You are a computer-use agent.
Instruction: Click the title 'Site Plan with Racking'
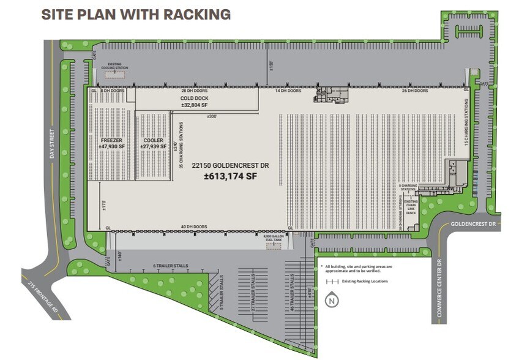click(x=136, y=15)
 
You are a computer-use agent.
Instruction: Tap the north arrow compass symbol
click(x=331, y=300)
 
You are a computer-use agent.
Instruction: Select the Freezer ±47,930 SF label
click(x=112, y=144)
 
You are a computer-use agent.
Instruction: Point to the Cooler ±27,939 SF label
click(x=153, y=144)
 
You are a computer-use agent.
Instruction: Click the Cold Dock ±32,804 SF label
click(x=196, y=101)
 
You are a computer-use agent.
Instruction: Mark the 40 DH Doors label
click(x=194, y=227)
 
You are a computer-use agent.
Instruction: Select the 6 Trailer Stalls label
click(x=170, y=266)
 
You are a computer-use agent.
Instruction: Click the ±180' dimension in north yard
click(x=271, y=64)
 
